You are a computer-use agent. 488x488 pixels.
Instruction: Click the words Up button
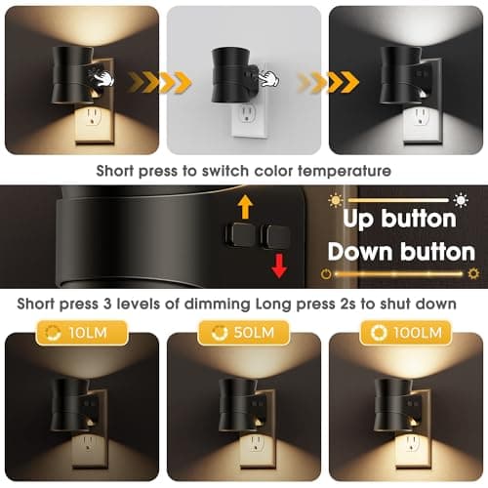coord(391,220)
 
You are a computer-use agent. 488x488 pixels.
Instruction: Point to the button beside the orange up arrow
coord(238,233)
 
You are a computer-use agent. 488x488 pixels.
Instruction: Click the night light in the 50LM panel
coord(236,400)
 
